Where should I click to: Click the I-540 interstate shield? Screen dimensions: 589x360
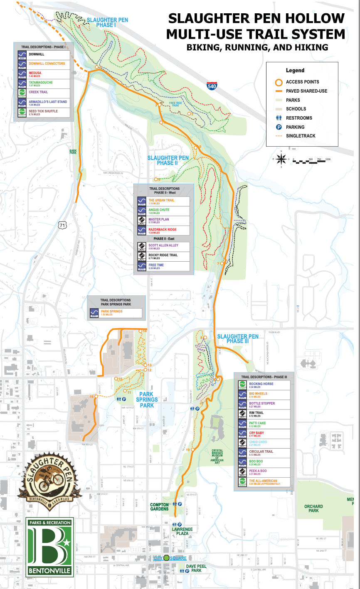coord(211,86)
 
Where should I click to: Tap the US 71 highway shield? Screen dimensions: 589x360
coord(62,225)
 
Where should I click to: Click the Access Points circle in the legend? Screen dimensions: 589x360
coord(279,82)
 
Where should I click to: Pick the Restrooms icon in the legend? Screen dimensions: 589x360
coord(279,118)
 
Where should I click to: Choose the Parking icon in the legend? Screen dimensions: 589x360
coord(279,127)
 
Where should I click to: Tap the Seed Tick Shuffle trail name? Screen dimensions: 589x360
coord(43,111)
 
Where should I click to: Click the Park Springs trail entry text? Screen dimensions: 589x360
coord(111,311)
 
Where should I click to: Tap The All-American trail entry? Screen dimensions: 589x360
coord(263,481)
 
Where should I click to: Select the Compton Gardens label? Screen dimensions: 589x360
coord(160,507)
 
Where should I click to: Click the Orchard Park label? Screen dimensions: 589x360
coord(313,508)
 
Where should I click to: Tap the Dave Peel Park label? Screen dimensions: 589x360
coord(194,568)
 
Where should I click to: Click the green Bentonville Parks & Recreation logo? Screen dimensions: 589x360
coord(49,547)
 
